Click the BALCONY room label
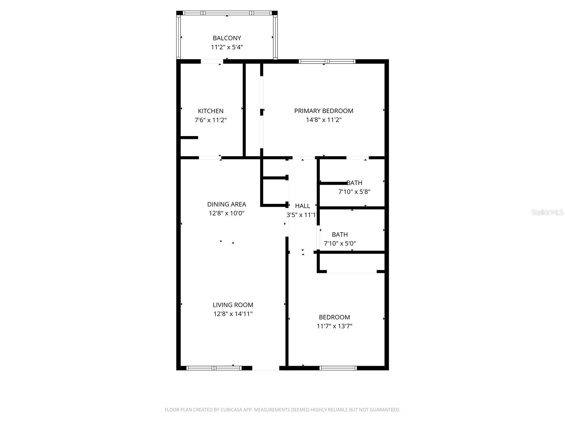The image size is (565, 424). tap(227, 38)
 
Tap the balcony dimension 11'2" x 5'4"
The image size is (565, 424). tap(227, 47)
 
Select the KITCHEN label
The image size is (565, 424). tap(210, 111)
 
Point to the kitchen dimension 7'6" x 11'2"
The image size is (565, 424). tap(210, 120)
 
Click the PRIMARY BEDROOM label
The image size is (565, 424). tap(323, 111)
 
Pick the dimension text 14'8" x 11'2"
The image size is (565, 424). tap(323, 120)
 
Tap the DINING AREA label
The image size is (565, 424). tap(226, 204)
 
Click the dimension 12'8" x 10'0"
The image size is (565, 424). tap(226, 213)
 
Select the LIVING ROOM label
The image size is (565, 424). tap(233, 305)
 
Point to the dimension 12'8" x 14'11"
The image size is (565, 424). tap(233, 314)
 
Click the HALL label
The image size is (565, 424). tap(302, 206)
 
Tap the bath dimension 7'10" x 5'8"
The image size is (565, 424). tap(354, 192)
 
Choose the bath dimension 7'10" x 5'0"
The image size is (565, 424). tap(340, 243)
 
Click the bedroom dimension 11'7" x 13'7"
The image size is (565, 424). tap(334, 326)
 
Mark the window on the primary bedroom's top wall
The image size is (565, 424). tap(327, 61)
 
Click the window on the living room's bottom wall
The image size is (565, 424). tap(214, 368)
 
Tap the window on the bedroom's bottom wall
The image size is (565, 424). tap(338, 368)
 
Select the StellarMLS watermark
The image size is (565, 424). tap(547, 212)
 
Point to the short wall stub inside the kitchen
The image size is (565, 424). tap(189, 137)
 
